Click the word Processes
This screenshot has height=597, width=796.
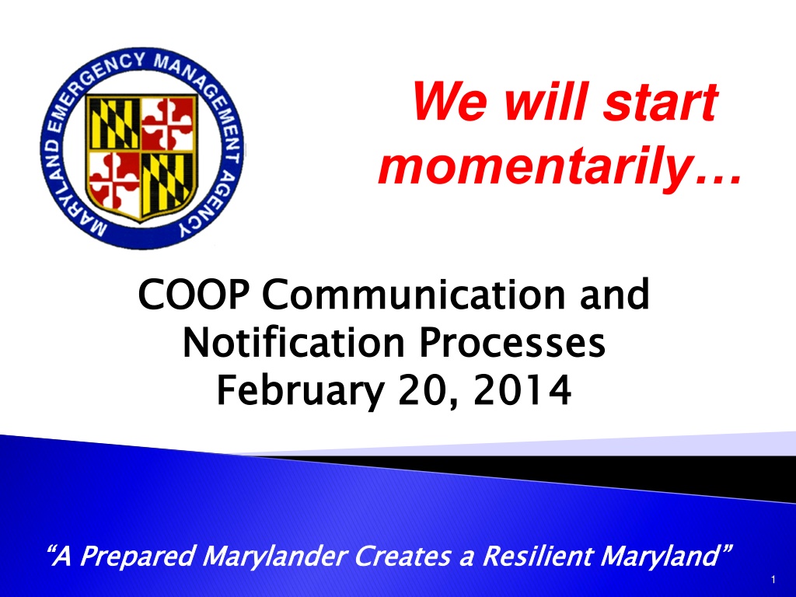pyautogui.click(x=511, y=343)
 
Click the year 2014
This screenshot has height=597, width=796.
pyautogui.click(x=522, y=390)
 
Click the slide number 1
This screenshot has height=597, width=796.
pyautogui.click(x=773, y=579)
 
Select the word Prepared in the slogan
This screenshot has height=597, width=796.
pyautogui.click(x=137, y=555)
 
